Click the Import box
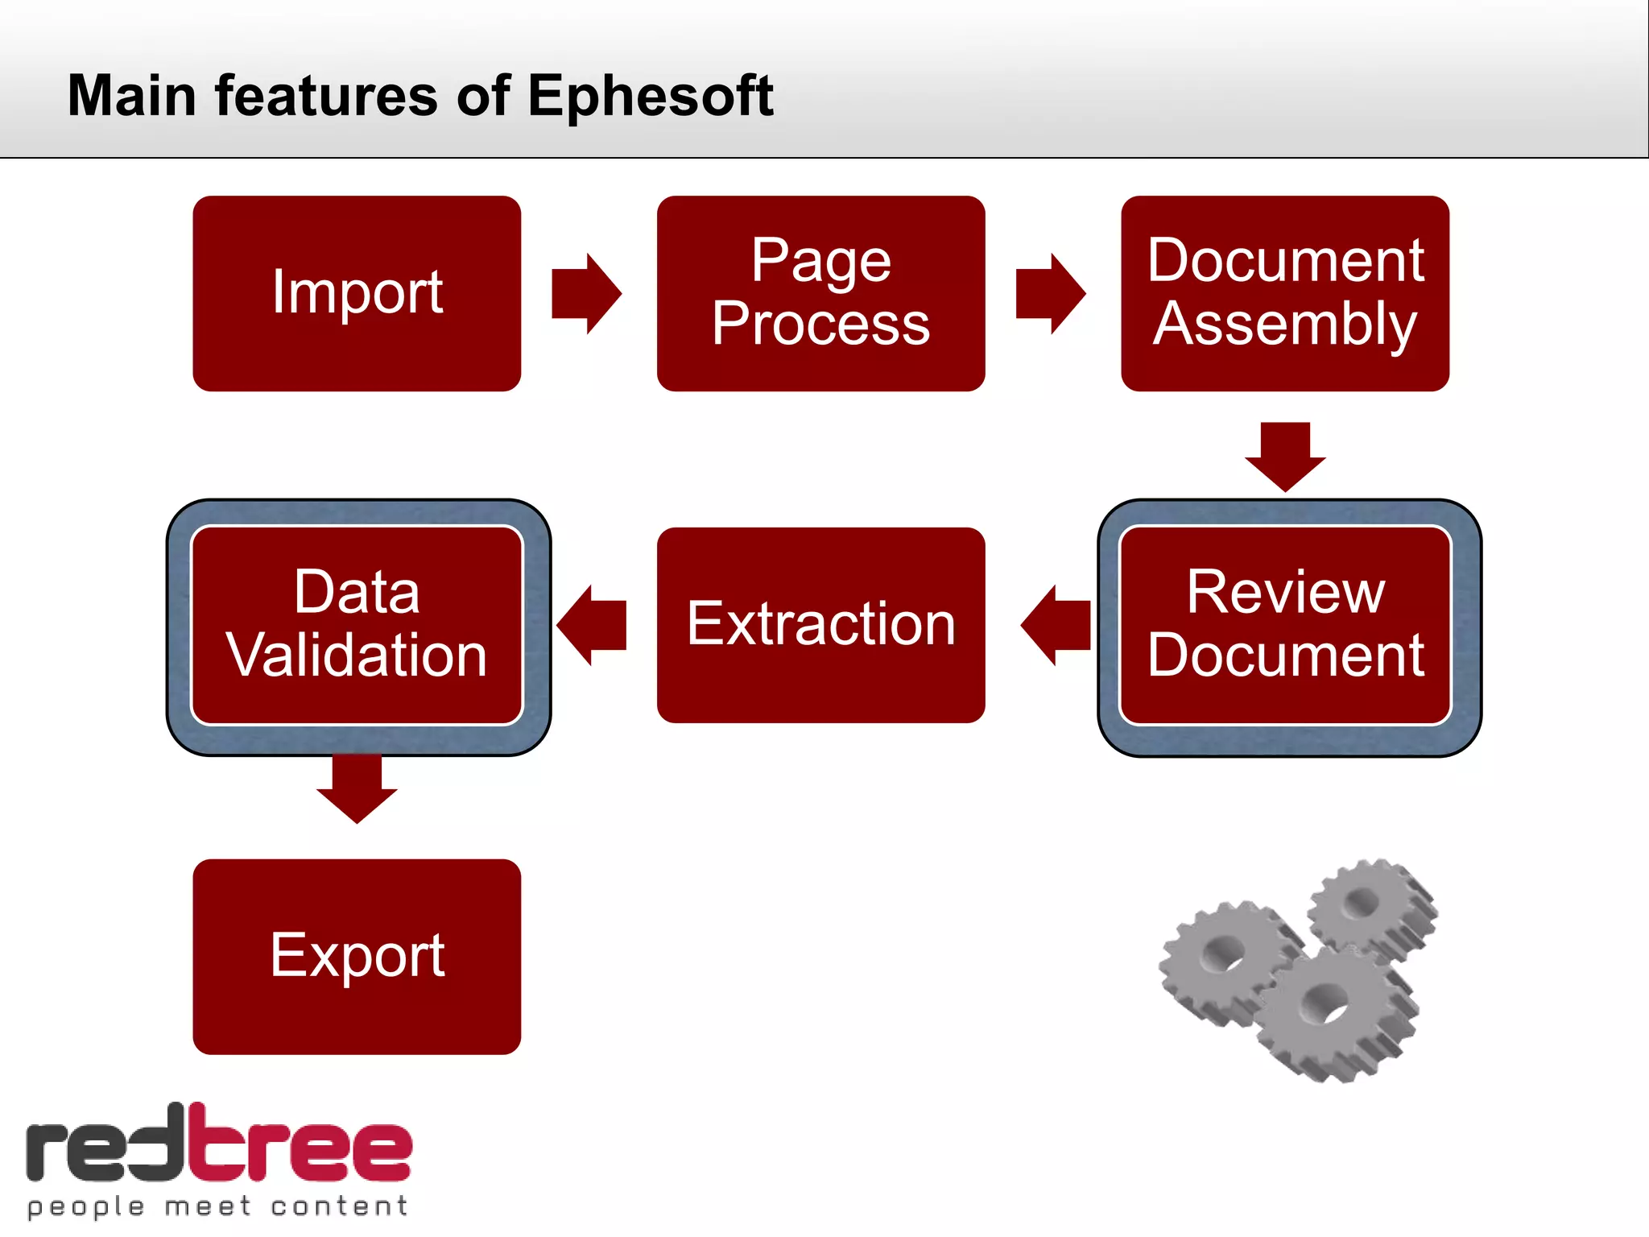click(357, 294)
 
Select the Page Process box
click(820, 294)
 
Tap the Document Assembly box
click(1285, 294)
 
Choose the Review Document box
click(1285, 626)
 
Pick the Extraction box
click(820, 626)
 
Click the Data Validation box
click(357, 626)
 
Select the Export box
click(357, 957)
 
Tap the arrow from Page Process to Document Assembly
click(1051, 294)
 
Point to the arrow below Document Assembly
click(1285, 455)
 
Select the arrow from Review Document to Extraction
click(1056, 626)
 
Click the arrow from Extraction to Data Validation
click(592, 626)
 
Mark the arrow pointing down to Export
click(357, 788)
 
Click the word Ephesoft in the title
click(651, 97)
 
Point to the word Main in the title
click(132, 97)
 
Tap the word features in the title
click(329, 97)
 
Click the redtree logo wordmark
click(219, 1144)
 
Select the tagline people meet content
click(217, 1206)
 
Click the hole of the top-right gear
click(1362, 901)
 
